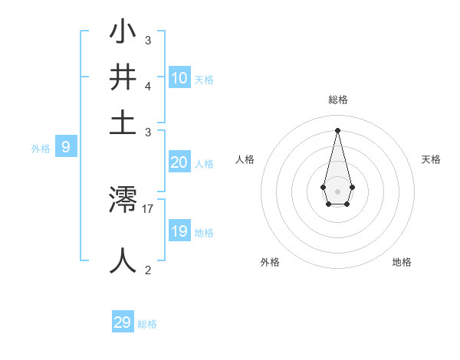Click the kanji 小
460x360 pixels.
(x=123, y=34)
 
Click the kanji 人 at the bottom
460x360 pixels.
(x=123, y=259)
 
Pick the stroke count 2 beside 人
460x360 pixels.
(x=148, y=270)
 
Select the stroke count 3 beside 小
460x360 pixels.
(x=148, y=40)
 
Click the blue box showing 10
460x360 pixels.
(x=179, y=78)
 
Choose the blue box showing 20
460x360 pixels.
(x=179, y=162)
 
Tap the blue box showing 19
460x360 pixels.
(x=179, y=231)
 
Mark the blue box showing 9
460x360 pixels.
(x=65, y=148)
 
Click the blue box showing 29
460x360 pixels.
(x=123, y=322)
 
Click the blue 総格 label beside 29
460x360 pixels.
(x=147, y=324)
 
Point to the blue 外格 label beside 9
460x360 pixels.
(x=41, y=149)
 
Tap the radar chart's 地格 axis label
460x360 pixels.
(x=402, y=263)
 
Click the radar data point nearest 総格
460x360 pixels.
(x=337, y=129)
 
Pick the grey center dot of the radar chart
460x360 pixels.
(x=337, y=191)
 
